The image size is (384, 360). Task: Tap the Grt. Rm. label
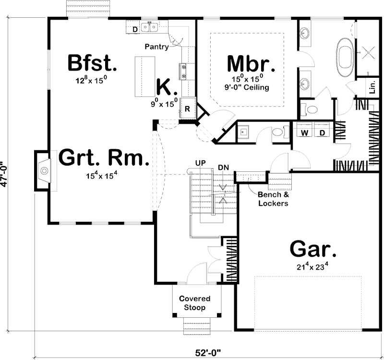click(x=102, y=158)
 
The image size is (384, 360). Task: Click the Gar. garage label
click(x=313, y=250)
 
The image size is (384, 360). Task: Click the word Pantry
click(x=157, y=47)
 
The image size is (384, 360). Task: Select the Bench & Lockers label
click(x=273, y=199)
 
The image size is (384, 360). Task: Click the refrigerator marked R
click(x=188, y=109)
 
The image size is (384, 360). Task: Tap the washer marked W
click(x=304, y=132)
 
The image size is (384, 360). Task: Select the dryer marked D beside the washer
click(x=322, y=132)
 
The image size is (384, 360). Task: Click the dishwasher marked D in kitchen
click(x=135, y=30)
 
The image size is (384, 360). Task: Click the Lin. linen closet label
click(x=372, y=89)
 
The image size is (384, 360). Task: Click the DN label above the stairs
click(x=223, y=167)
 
